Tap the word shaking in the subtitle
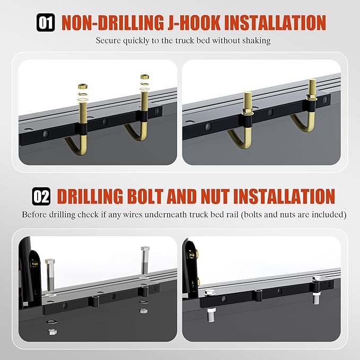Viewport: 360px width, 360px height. [256, 41]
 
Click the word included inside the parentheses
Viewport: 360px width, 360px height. [327, 215]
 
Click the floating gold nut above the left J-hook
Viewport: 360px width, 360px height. [82, 86]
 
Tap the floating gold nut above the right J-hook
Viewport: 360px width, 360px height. [145, 78]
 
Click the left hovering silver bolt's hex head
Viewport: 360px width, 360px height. [50, 262]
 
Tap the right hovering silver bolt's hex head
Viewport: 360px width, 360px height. [145, 249]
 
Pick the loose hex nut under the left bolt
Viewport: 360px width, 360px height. [52, 332]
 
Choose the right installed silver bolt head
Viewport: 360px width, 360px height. [317, 279]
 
